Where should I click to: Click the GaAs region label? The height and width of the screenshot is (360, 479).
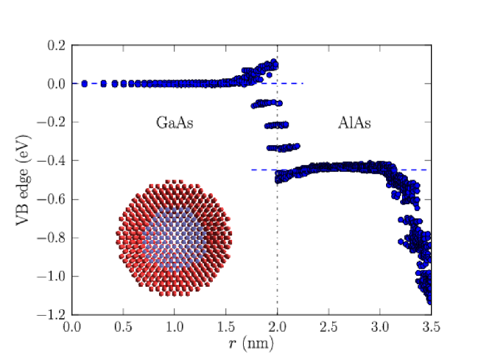point(174,123)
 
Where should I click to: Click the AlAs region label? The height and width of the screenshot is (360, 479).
point(354,123)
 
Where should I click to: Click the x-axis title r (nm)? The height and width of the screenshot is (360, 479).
point(251,344)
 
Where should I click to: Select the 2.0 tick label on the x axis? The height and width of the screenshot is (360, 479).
point(277,327)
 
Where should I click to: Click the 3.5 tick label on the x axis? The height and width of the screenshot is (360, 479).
point(431,327)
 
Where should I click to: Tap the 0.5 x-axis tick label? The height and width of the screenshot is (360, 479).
point(123,327)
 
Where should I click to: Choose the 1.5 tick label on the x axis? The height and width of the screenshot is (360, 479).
point(226,327)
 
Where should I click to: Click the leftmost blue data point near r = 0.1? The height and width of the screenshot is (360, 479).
point(84,83)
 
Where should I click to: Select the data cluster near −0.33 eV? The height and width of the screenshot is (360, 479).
point(282,148)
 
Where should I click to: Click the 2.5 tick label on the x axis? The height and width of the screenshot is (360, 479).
point(328,327)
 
